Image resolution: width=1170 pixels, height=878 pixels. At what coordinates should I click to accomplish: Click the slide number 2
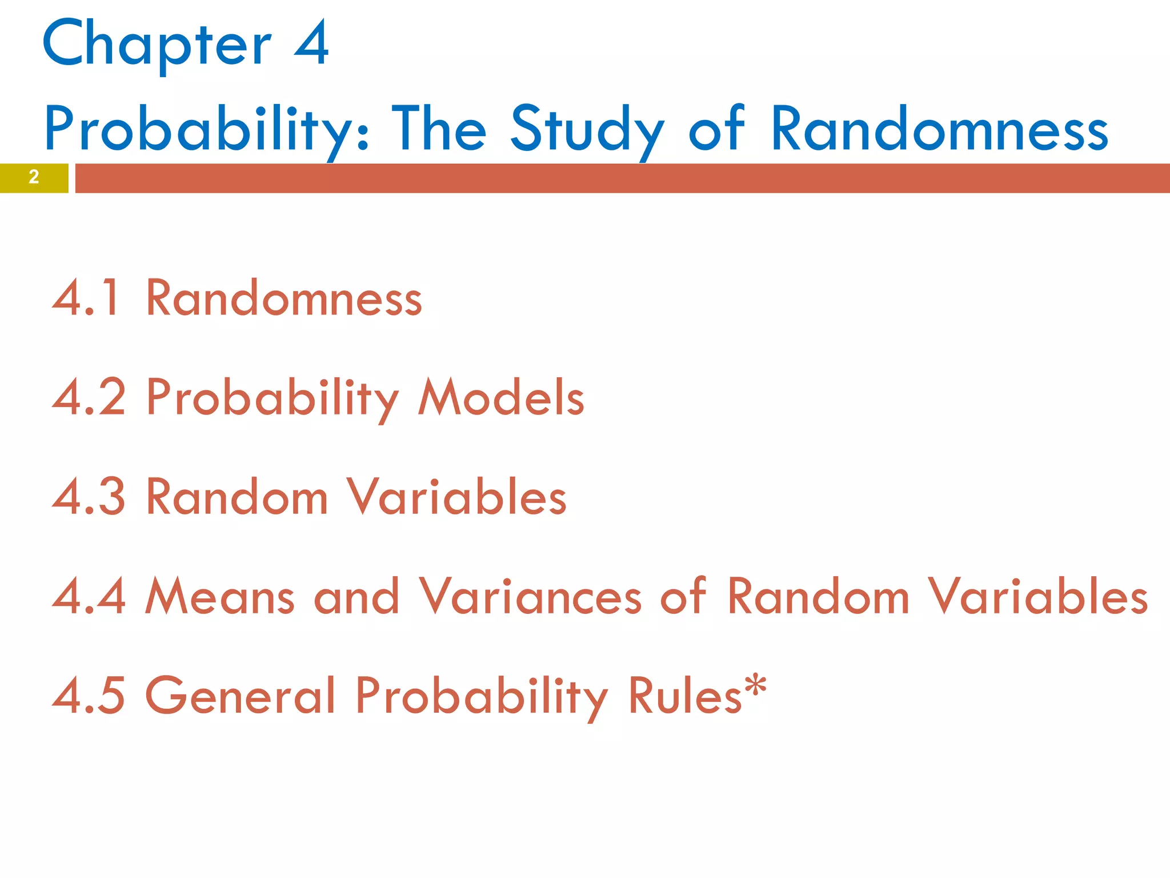[34, 177]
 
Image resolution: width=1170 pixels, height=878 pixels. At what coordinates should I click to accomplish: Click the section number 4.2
[89, 397]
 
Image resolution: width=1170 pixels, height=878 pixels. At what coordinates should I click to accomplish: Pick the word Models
[501, 397]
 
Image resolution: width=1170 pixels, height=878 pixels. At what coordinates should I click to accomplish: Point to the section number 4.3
[89, 496]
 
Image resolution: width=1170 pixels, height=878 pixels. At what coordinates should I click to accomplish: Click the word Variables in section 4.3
[456, 496]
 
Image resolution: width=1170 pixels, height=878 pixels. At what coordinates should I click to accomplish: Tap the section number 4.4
[89, 596]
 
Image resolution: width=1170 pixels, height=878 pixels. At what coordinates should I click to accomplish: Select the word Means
[220, 596]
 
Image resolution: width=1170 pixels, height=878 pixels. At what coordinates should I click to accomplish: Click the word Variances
[530, 596]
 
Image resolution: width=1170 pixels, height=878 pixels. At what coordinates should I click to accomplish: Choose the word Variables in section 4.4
[1037, 596]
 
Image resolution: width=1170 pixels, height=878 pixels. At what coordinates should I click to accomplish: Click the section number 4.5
[89, 695]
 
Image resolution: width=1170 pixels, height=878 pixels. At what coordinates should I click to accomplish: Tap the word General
[241, 695]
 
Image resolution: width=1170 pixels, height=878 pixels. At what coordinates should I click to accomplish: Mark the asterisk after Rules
[755, 684]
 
